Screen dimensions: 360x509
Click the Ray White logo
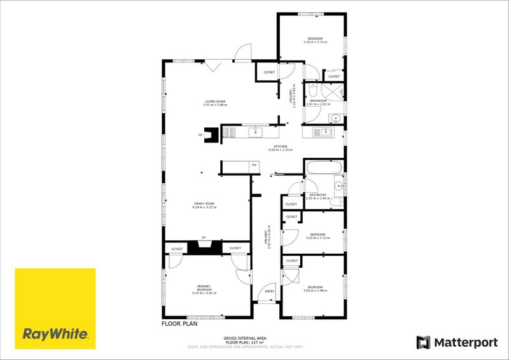pyautogui.click(x=55, y=308)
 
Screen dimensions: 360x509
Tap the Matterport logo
pyautogui.click(x=457, y=343)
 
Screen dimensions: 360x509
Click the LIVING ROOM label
pyautogui.click(x=214, y=101)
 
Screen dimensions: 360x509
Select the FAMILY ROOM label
pyautogui.click(x=204, y=204)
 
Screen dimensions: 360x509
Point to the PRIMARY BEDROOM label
pyautogui.click(x=204, y=289)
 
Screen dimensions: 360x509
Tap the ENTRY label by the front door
pyautogui.click(x=270, y=291)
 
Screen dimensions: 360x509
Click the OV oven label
pyautogui.click(x=253, y=165)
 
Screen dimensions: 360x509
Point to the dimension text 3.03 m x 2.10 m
pyautogui.click(x=317, y=237)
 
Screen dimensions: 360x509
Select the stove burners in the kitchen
pyautogui.click(x=229, y=132)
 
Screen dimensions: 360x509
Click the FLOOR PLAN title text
pyautogui.click(x=179, y=324)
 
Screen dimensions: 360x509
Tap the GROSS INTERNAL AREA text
pyautogui.click(x=244, y=338)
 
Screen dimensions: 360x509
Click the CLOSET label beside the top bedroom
pyautogui.click(x=334, y=76)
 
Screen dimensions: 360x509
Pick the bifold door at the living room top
pyautogui.click(x=213, y=65)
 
